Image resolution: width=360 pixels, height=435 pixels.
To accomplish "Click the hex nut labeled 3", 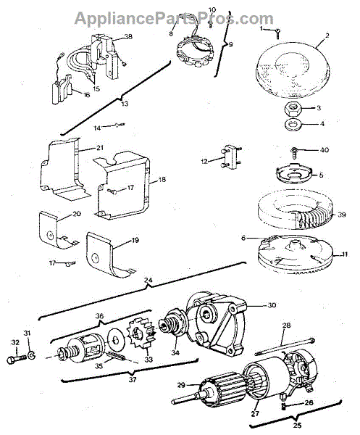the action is click(x=293, y=108).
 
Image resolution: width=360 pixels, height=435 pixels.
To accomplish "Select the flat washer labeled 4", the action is click(x=293, y=124).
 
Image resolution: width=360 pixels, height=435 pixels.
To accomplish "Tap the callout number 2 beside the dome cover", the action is click(x=327, y=36).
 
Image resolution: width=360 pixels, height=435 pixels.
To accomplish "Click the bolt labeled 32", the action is click(x=16, y=360).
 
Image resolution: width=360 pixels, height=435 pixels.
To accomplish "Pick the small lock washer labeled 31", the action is click(x=30, y=355).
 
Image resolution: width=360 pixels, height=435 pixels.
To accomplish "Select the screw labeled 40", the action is click(x=294, y=152).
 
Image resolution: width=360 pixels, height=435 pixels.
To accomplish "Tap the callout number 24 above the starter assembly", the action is click(x=148, y=280).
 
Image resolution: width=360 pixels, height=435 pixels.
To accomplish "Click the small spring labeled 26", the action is click(x=284, y=406).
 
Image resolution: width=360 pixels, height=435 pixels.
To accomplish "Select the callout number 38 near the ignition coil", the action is click(x=128, y=37).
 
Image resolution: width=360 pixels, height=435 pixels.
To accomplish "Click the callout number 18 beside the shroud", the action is click(x=162, y=179).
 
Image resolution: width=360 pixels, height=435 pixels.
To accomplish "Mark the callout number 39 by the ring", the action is click(x=341, y=215).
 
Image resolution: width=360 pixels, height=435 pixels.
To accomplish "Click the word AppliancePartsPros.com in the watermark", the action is click(x=174, y=19).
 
